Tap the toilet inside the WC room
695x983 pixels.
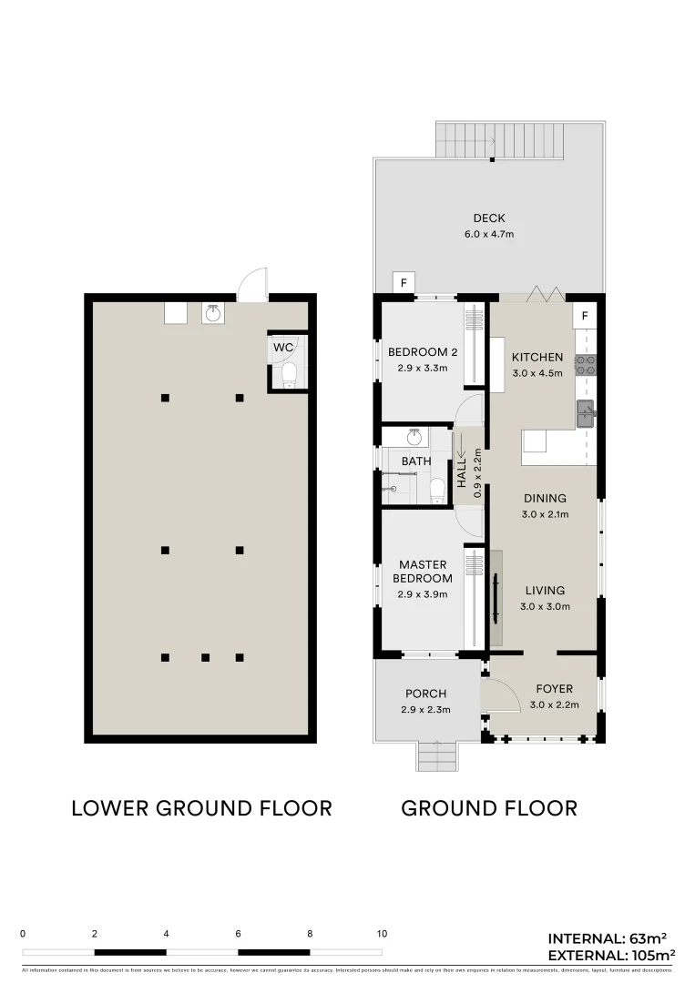click(290, 374)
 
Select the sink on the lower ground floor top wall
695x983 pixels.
click(213, 313)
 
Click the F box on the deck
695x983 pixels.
click(403, 283)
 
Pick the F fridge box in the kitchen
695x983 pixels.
click(584, 317)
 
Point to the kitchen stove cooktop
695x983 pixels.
click(585, 366)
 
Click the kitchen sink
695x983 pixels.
click(585, 413)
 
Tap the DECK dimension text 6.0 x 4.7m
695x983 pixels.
click(488, 234)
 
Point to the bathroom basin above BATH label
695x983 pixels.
click(414, 437)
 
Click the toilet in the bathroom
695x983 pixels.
click(436, 489)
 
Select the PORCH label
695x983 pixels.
click(425, 694)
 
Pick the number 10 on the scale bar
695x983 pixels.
click(382, 934)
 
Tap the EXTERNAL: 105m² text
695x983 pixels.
click(610, 955)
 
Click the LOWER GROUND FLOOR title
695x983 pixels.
click(201, 808)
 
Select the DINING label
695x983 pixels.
click(545, 498)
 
